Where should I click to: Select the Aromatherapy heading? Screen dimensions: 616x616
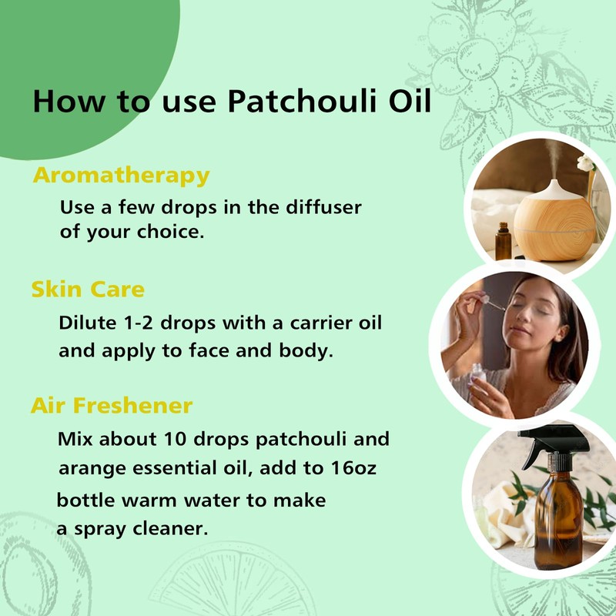coord(121,175)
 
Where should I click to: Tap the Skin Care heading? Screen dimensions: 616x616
coord(88,290)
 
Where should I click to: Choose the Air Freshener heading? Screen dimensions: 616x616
coord(112,405)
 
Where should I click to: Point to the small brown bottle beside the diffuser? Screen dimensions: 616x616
coord(504,242)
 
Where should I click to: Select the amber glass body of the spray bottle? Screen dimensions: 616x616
coord(557,524)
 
